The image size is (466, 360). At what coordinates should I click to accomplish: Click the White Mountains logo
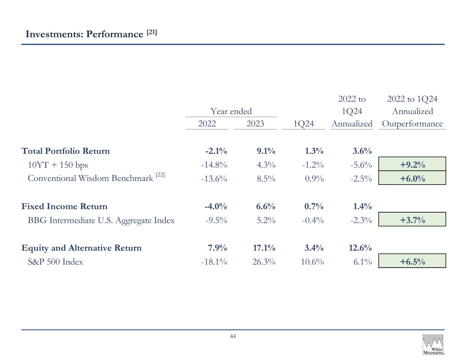click(x=433, y=344)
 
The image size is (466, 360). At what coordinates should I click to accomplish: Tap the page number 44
click(x=233, y=336)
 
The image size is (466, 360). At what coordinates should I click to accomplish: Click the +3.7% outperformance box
click(x=412, y=219)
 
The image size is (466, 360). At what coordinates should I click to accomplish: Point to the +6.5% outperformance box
click(x=412, y=261)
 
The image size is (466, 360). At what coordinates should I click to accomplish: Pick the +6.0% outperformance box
click(x=412, y=178)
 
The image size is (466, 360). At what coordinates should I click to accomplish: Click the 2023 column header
click(x=255, y=124)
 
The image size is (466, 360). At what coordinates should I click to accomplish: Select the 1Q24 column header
click(x=303, y=124)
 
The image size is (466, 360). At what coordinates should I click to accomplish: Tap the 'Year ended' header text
click(x=231, y=111)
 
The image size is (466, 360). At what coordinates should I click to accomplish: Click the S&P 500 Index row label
click(x=55, y=262)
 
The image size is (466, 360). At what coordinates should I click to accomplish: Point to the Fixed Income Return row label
click(x=64, y=206)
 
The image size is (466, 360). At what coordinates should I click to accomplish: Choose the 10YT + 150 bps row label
click(x=58, y=165)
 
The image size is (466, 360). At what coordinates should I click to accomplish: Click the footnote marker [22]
click(x=160, y=175)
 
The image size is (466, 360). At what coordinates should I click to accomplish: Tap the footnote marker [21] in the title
click(x=152, y=32)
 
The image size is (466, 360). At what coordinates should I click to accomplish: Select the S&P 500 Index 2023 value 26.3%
click(x=264, y=262)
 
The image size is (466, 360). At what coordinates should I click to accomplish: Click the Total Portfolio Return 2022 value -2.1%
click(x=216, y=151)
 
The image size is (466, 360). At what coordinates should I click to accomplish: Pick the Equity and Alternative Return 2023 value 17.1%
click(x=264, y=248)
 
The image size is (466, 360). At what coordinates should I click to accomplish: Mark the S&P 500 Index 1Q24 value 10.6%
click(x=312, y=262)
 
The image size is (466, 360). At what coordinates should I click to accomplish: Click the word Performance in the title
click(x=114, y=34)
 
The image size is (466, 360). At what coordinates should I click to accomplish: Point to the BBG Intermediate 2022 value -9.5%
click(x=216, y=220)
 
